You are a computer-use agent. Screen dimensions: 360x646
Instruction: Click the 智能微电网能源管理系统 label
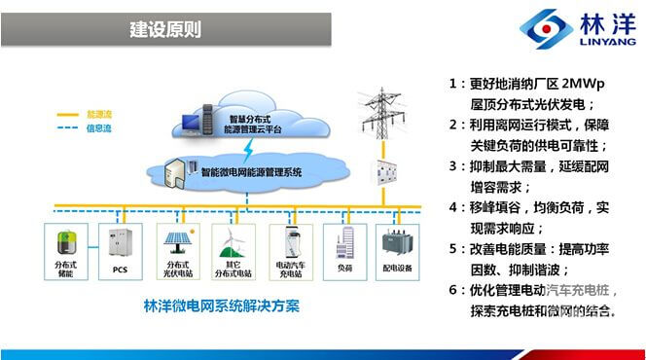[x=252, y=172]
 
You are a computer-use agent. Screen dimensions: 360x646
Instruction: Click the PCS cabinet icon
[x=121, y=242]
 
